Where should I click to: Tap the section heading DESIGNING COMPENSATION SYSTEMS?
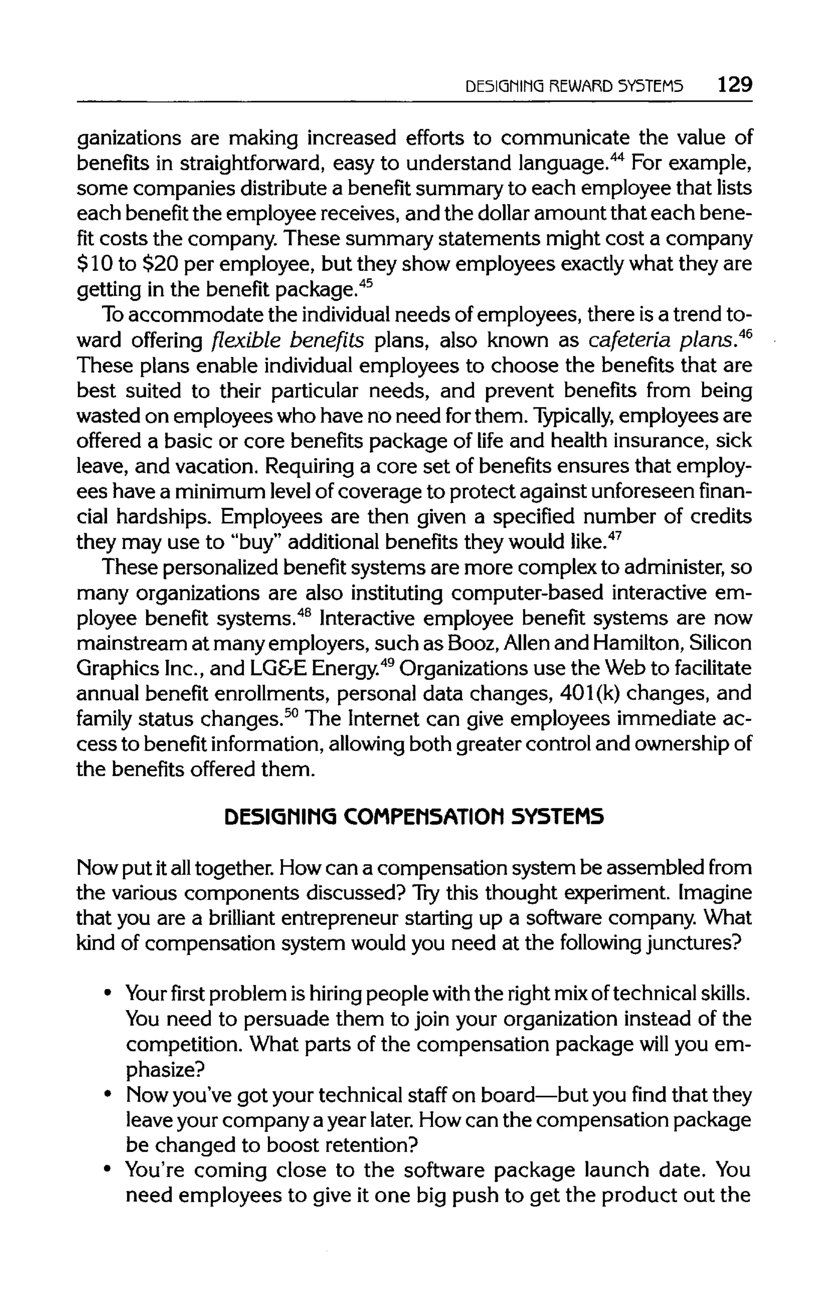[414, 817]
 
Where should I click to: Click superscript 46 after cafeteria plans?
[745, 334]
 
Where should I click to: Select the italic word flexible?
[242, 341]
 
